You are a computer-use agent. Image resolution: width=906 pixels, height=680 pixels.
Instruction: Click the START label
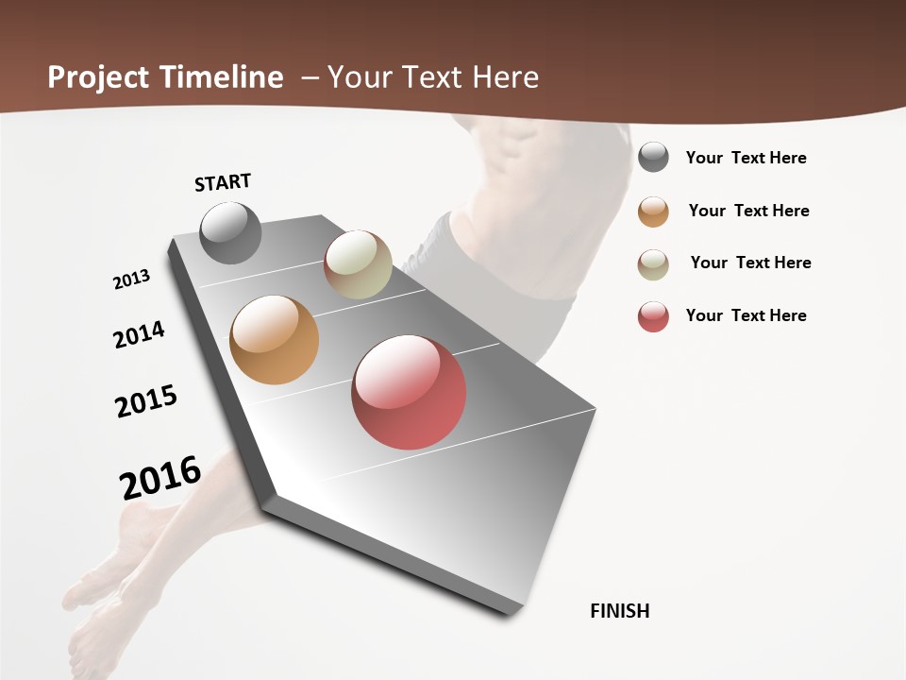pyautogui.click(x=223, y=182)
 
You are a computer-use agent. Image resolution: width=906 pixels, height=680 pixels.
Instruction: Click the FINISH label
pyautogui.click(x=619, y=611)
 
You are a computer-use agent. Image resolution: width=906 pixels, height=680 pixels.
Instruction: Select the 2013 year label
pyautogui.click(x=132, y=280)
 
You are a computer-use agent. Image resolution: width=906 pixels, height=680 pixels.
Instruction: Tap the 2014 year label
pyautogui.click(x=139, y=334)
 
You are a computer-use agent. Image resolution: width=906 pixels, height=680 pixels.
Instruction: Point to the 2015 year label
pyautogui.click(x=146, y=401)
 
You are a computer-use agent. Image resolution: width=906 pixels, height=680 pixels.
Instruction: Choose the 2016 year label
pyautogui.click(x=160, y=478)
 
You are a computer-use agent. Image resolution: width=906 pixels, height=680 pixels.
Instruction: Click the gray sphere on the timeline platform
pyautogui.click(x=230, y=232)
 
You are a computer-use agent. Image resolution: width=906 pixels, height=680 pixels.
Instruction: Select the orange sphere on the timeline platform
pyautogui.click(x=274, y=340)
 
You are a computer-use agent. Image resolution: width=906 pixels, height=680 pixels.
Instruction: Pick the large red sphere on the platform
pyautogui.click(x=409, y=392)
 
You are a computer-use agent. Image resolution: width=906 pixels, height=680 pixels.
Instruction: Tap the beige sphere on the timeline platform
pyautogui.click(x=358, y=264)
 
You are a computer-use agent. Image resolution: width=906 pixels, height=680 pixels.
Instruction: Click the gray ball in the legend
pyautogui.click(x=653, y=158)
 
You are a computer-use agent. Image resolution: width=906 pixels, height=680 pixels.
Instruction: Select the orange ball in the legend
pyautogui.click(x=653, y=212)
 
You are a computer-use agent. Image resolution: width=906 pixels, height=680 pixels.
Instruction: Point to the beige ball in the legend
pyautogui.click(x=653, y=264)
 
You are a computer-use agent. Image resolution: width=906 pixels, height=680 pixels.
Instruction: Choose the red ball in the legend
pyautogui.click(x=653, y=316)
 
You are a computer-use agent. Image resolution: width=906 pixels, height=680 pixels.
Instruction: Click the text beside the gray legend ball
pyautogui.click(x=746, y=158)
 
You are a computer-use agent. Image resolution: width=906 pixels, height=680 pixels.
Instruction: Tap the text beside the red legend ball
pyautogui.click(x=746, y=315)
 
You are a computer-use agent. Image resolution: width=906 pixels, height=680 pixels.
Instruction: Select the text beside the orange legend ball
pyautogui.click(x=748, y=211)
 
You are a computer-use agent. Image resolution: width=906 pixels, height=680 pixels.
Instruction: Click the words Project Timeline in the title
pyautogui.click(x=165, y=77)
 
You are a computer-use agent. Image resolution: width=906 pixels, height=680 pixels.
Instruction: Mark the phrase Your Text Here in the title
pyautogui.click(x=432, y=77)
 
